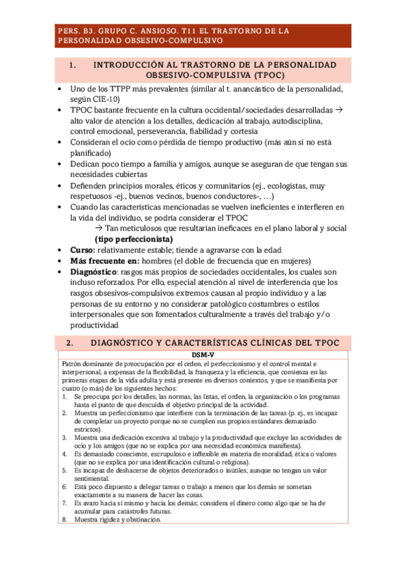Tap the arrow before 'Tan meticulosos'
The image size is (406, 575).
click(99, 229)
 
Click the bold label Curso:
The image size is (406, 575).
click(83, 250)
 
